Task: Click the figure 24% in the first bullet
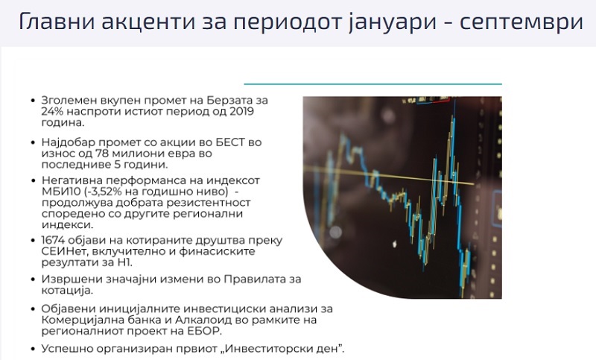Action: coord(51,111)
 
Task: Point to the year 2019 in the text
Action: coord(241,111)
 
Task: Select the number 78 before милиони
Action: coord(101,154)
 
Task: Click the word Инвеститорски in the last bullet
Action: coord(267,349)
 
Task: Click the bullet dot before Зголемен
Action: coord(33,101)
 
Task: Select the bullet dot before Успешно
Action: coord(33,349)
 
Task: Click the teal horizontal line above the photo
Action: coord(373,83)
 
